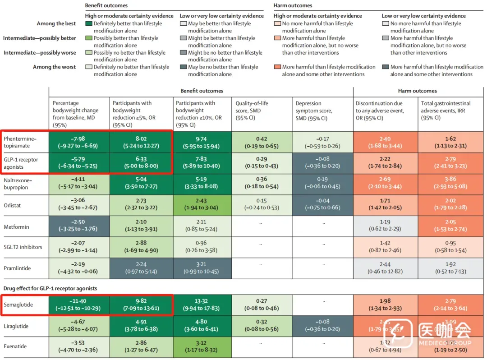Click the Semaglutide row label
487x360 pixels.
pos(18,305)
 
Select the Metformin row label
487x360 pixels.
pos(16,226)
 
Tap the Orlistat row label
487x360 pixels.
pos(13,205)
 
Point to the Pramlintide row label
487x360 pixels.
pos(18,268)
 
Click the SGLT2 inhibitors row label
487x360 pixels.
pos(23,247)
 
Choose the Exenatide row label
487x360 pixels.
pos(15,346)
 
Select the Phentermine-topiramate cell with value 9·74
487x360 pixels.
pos(202,142)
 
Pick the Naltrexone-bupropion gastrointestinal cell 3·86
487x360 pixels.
pos(450,183)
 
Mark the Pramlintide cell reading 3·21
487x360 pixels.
pos(202,268)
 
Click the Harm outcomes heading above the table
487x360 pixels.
pos(418,91)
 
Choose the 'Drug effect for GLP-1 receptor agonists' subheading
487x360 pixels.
pos(51,288)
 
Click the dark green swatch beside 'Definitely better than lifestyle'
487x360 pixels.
pos(89,23)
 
